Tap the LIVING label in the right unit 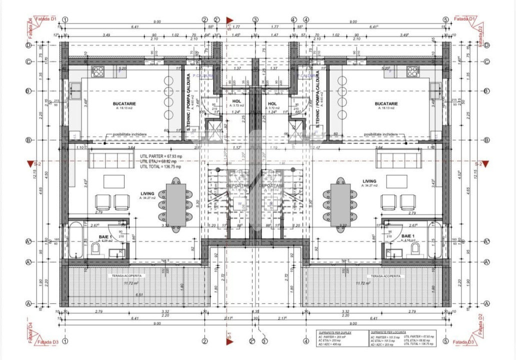coord(369,181)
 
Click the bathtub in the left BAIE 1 coord(76,240)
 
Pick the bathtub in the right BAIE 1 coord(434,240)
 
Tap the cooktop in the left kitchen coord(97,71)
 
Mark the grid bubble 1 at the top coord(65,19)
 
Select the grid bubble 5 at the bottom coord(445,341)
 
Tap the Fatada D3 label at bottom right coord(463,342)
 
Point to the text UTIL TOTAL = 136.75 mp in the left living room coord(160,166)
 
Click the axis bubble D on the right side coord(487,45)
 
